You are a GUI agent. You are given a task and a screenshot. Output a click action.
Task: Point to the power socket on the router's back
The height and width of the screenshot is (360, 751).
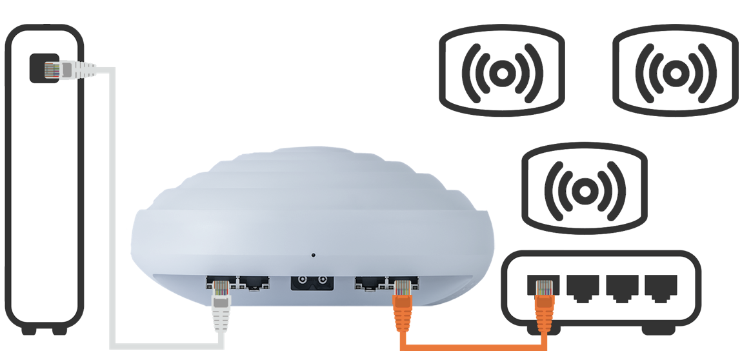point(310,283)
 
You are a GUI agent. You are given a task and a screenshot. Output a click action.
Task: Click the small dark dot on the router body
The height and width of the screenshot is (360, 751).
point(314,255)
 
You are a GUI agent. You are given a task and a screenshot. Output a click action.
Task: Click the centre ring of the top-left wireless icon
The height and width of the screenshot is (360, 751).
point(501,73)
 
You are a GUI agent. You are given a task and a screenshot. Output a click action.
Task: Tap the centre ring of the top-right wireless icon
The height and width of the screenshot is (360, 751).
point(674,73)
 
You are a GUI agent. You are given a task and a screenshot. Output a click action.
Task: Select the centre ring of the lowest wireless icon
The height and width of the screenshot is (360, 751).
point(585,190)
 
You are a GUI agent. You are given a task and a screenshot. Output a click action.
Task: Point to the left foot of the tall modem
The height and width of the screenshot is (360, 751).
point(29,330)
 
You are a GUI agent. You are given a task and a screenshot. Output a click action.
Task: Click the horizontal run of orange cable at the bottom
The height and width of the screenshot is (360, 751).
point(471,347)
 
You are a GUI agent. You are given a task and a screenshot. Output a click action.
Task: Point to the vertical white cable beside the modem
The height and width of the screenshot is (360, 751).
point(112,206)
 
